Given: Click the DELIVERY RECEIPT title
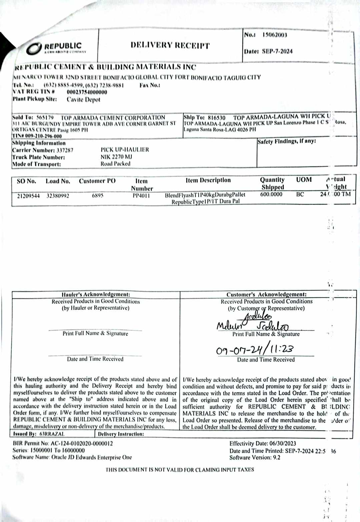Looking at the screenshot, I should click(x=170, y=45).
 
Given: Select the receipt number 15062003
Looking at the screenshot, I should click(x=274, y=35).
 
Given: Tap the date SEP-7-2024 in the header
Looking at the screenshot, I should click(x=277, y=51).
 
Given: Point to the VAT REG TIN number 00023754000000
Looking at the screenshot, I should click(x=87, y=92).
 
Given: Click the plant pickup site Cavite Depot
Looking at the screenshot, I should click(x=83, y=99).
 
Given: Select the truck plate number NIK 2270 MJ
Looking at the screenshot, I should click(x=116, y=157).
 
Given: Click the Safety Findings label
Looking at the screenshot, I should click(x=286, y=141).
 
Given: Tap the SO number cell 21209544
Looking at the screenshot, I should click(x=28, y=196).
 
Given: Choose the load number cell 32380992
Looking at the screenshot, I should click(x=58, y=196).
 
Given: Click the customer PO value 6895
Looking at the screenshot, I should click(x=97, y=195).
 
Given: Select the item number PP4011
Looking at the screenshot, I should click(x=141, y=196).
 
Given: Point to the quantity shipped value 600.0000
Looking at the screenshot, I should click(x=271, y=194).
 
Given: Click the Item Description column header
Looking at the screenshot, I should click(x=208, y=180).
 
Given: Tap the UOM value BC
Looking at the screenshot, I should click(x=300, y=194).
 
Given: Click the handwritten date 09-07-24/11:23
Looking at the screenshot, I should click(x=255, y=350).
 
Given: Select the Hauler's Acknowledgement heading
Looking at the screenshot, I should click(x=96, y=294).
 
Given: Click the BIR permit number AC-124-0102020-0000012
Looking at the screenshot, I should click(x=82, y=443).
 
